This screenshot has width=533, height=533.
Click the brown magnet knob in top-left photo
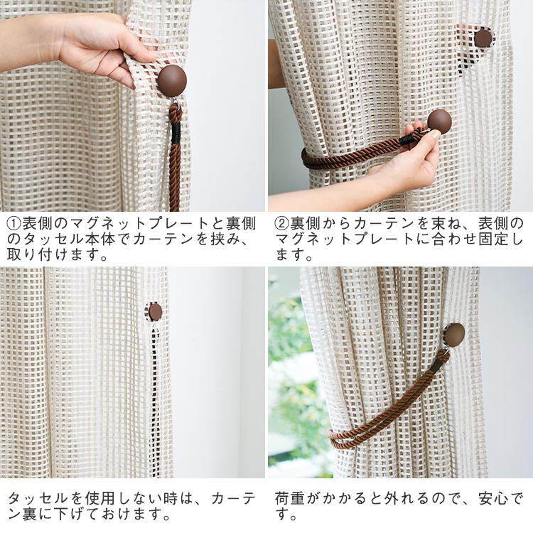[171, 80]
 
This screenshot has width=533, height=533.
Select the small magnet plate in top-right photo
[483, 38]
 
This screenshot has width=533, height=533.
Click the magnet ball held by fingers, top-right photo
[439, 122]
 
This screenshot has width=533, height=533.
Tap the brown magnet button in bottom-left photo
[155, 311]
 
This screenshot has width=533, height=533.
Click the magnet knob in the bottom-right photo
[453, 334]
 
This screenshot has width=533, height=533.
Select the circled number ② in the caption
[281, 223]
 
